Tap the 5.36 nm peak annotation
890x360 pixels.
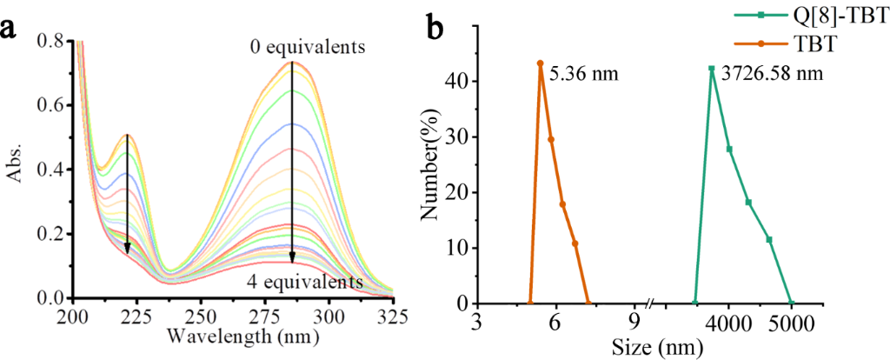pos(583,74)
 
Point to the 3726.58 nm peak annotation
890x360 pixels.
pos(771,74)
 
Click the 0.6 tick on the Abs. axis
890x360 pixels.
pos(53,105)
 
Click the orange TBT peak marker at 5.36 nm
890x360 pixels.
pos(540,63)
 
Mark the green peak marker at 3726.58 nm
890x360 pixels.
pos(711,69)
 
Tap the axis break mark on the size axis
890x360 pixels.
pos(650,303)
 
